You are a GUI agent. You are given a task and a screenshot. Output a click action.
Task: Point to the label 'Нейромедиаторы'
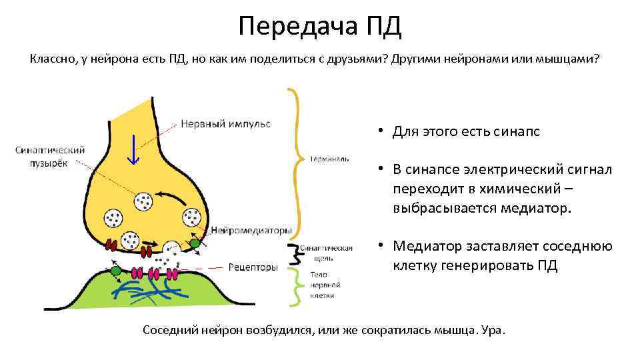click(x=251, y=231)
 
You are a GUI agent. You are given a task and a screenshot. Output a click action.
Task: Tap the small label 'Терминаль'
click(x=329, y=159)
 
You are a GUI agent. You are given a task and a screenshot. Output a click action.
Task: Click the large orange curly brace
click(x=297, y=160)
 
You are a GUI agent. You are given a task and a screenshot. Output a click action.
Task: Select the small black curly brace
click(x=293, y=253)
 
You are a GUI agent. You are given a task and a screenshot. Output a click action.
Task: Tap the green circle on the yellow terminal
click(x=195, y=245)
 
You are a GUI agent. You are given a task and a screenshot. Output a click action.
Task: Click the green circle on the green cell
click(x=117, y=271)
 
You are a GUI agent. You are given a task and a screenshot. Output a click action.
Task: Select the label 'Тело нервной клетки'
click(x=323, y=285)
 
